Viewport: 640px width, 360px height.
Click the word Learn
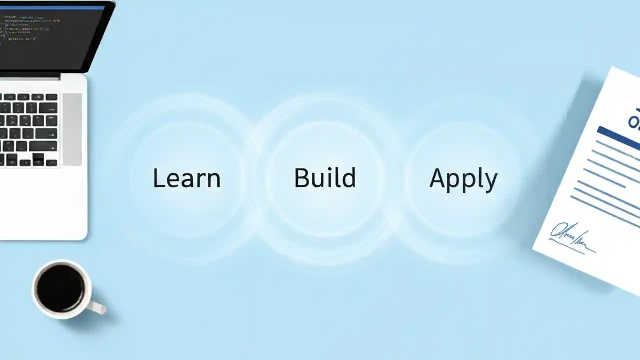tap(186, 178)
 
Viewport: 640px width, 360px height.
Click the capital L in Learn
tap(158, 178)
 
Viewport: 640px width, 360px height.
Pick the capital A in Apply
tap(438, 178)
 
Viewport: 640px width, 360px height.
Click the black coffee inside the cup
tap(61, 288)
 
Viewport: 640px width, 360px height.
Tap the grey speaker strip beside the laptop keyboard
tap(72, 129)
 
